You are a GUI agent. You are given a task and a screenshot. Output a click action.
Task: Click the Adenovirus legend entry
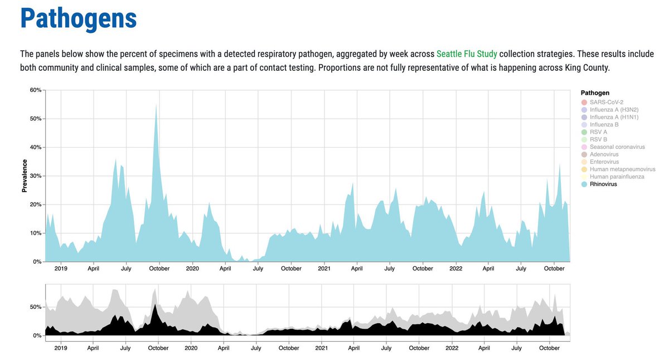coord(604,154)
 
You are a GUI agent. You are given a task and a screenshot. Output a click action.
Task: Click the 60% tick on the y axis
coord(36,90)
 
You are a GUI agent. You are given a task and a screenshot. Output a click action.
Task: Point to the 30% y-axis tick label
coord(36,176)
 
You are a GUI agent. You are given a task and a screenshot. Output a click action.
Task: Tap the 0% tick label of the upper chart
coord(37,262)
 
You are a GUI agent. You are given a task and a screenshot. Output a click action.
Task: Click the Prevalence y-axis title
coord(25,176)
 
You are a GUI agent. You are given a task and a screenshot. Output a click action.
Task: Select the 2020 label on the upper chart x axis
coord(192,269)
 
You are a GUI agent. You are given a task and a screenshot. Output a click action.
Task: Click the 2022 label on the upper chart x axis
coord(456,269)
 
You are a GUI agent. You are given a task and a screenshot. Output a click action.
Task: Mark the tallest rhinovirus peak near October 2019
coord(156,106)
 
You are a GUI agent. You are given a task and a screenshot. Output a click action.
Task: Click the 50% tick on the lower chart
coord(35,308)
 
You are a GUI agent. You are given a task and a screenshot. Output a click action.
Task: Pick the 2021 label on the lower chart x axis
coord(322,348)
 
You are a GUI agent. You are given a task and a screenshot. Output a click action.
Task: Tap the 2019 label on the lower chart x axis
coord(61,348)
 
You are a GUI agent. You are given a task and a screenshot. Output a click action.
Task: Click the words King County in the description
coord(589,67)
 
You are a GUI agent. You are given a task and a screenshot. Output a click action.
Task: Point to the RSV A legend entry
coord(599,132)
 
